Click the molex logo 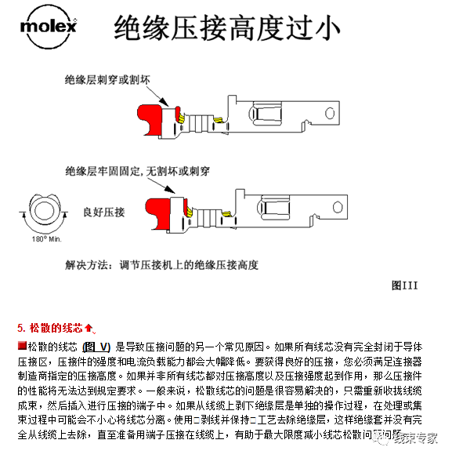[x=49, y=29]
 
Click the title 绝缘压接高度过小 [x=226, y=30]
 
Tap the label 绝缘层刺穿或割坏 [x=113, y=80]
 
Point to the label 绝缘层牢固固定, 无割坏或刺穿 [x=132, y=169]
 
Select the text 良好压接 [x=104, y=213]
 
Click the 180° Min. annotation [x=45, y=238]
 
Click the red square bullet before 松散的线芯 [x=22, y=346]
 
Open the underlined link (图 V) [x=96, y=346]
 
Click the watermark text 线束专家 [x=419, y=439]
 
